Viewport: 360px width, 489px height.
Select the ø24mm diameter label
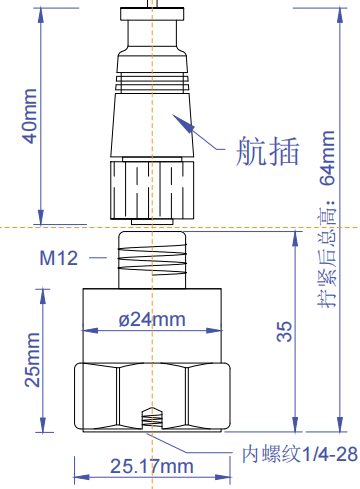click(152, 320)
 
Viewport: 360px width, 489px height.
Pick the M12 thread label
click(59, 258)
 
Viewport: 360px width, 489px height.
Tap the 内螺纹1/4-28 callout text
click(300, 455)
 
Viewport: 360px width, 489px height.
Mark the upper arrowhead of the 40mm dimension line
click(41, 12)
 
